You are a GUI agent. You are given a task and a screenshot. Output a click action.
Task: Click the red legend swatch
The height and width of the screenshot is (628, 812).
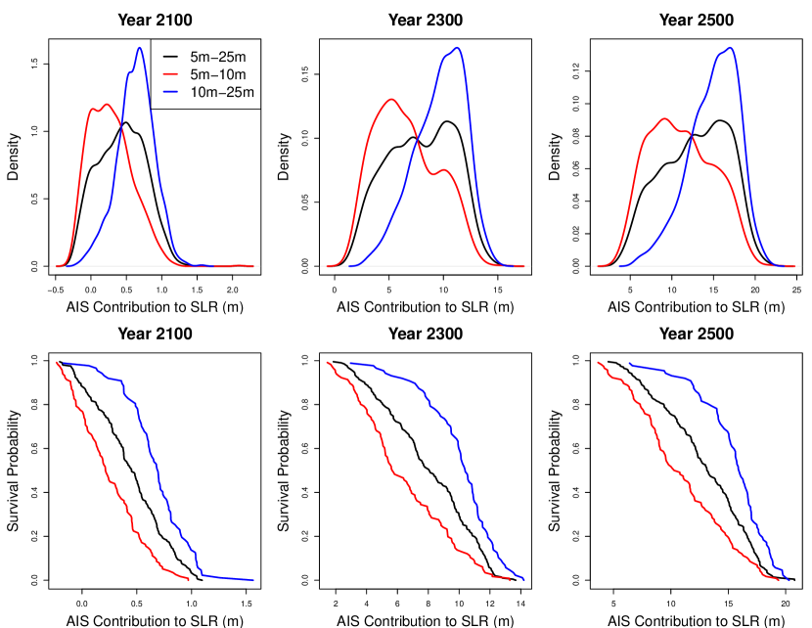coord(170,74)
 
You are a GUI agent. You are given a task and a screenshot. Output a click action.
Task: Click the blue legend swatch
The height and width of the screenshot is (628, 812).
coord(170,91)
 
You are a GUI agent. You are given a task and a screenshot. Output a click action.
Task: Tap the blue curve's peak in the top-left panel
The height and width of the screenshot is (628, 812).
coord(140,48)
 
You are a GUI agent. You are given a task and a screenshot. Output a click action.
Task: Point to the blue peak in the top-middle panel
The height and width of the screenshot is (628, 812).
coord(457,48)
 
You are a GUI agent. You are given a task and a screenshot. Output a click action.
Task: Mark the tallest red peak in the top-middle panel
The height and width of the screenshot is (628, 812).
coord(391,99)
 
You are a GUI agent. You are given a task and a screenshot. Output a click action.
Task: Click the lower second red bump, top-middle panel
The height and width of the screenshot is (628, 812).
coord(444,170)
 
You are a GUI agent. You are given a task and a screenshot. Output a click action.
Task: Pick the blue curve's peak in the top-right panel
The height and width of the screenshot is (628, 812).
coord(730,48)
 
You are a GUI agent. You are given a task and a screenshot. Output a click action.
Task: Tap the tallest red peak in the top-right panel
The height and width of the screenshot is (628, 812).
coord(665,119)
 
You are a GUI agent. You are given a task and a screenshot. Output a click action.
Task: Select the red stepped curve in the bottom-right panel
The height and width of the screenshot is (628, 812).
coord(675,470)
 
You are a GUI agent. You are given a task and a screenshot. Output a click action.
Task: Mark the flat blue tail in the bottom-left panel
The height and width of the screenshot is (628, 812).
coord(230,578)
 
